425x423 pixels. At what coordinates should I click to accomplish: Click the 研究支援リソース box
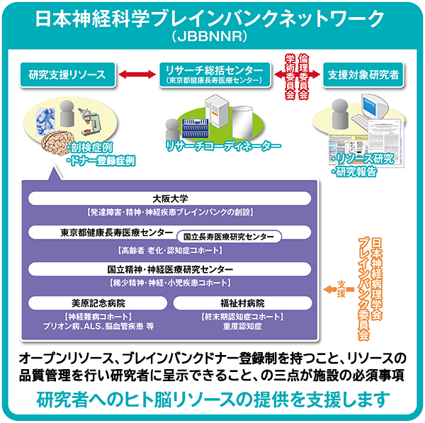tap(68, 74)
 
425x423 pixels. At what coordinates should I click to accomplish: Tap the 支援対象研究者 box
tap(362, 74)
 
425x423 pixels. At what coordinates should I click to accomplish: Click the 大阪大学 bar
tap(170, 199)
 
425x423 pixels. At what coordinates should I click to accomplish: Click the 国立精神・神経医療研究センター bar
tap(170, 269)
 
